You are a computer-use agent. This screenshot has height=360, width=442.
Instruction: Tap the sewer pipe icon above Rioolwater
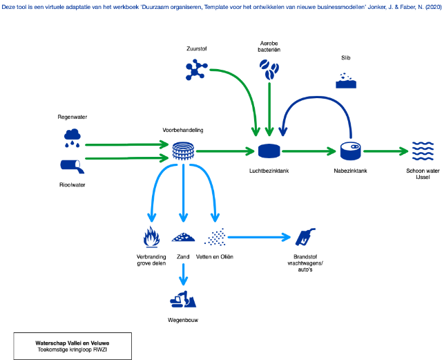[x=72, y=166]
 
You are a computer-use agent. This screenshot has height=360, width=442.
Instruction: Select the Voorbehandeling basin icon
[x=183, y=150]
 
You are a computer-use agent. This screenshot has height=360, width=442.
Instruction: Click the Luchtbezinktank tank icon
[x=269, y=150]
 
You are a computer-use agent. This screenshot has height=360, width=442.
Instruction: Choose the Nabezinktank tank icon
[x=350, y=150]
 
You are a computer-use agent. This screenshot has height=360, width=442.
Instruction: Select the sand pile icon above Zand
[x=183, y=237]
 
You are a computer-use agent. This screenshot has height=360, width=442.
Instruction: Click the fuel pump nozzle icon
[x=305, y=237]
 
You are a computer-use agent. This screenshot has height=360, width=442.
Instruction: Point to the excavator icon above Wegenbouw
[x=183, y=300]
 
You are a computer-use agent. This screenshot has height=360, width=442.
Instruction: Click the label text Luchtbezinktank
[x=269, y=170]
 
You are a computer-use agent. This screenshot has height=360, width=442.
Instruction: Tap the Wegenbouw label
[x=183, y=320]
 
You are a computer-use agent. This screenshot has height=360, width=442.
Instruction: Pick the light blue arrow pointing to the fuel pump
[x=259, y=238]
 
